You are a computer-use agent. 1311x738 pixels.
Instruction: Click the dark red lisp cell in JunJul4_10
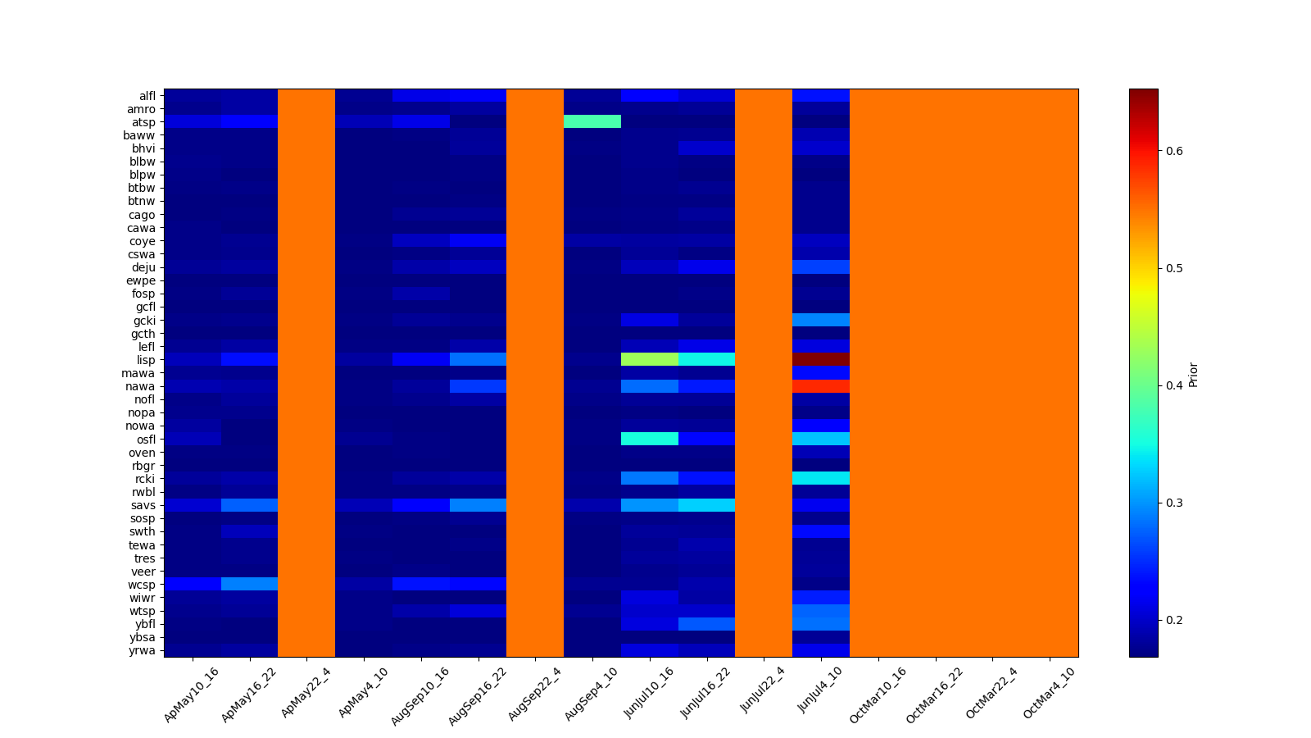pos(820,359)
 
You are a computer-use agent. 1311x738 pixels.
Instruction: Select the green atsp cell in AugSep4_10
pos(592,121)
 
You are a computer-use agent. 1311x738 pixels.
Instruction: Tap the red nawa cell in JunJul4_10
pos(820,386)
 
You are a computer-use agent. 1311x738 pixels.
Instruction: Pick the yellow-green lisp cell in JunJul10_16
pos(649,359)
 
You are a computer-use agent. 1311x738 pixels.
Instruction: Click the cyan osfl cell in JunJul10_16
pos(649,439)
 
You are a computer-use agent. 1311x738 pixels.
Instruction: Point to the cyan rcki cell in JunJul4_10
pos(820,478)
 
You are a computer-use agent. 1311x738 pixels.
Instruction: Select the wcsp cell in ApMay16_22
pos(249,584)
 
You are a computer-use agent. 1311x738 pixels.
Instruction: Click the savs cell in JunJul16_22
pos(706,505)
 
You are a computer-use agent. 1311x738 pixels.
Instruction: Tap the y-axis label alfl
pos(147,96)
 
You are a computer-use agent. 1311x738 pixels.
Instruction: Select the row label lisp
pos(146,360)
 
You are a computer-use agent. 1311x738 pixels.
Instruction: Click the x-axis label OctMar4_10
pos(1049,694)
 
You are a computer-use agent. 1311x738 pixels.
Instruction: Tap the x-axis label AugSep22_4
pos(535,694)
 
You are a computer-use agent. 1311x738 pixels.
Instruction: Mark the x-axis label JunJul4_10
pos(820,694)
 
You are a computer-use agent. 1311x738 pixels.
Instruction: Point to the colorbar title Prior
pos(1193,373)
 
